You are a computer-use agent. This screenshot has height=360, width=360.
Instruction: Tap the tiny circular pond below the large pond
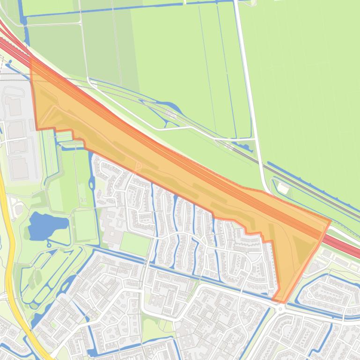pyautogui.click(x=49, y=244)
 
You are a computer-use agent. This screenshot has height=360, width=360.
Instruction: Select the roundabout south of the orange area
pyautogui.click(x=280, y=309)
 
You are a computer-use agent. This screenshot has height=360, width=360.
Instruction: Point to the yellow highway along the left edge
pyautogui.click(x=10, y=262)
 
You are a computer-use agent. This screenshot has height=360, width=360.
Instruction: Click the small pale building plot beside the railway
pyautogui.click(x=283, y=188)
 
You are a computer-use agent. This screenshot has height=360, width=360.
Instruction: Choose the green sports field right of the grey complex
pyautogui.click(x=135, y=244)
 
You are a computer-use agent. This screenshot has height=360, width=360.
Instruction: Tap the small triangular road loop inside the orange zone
pyautogui.click(x=138, y=166)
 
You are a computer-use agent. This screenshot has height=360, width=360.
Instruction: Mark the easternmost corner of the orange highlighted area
pyautogui.click(x=330, y=221)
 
